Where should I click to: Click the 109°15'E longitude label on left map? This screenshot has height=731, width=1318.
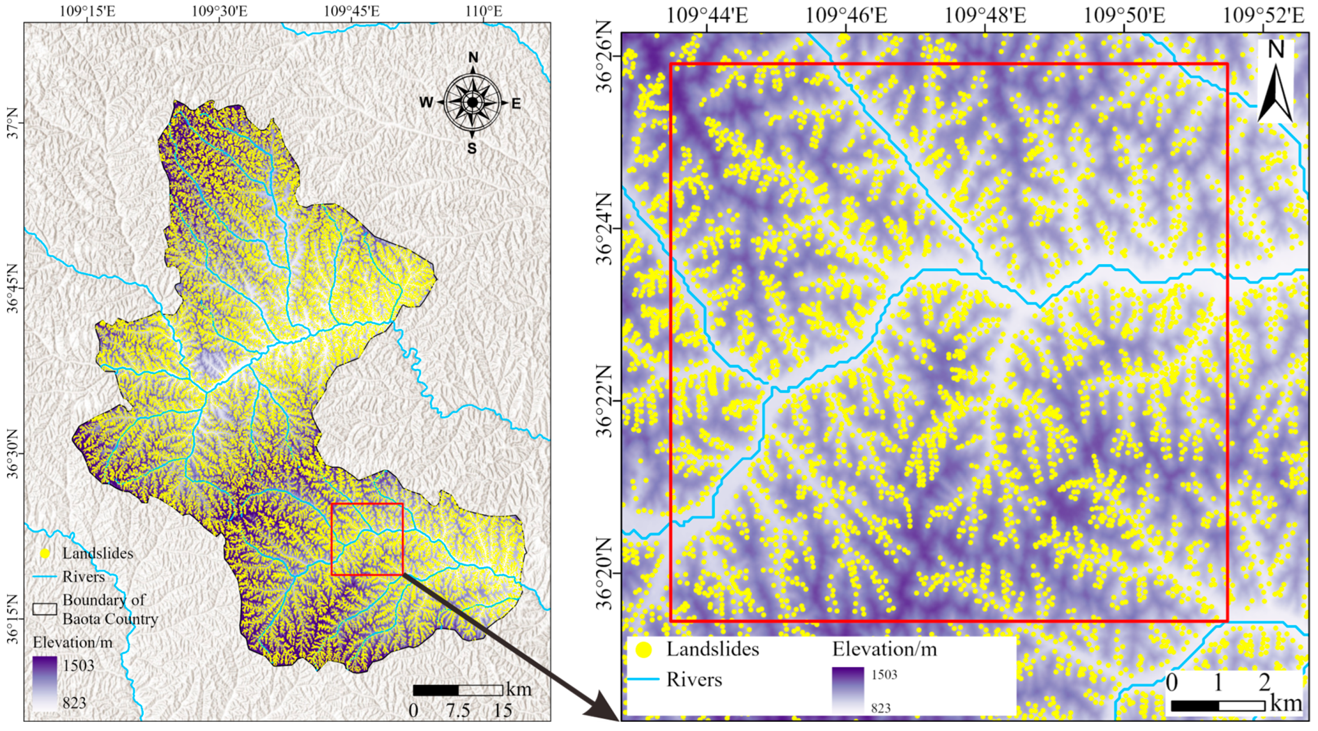click(87, 11)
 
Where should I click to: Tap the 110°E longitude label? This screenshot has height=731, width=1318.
click(483, 11)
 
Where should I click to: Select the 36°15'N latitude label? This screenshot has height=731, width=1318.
click(13, 619)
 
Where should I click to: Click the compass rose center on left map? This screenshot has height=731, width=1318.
click(472, 103)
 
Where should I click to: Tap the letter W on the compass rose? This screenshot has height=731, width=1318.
click(426, 103)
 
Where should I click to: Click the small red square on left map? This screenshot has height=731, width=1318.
click(367, 539)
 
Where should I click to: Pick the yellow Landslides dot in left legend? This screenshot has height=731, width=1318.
click(45, 554)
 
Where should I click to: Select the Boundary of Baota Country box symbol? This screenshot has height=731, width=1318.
click(44, 609)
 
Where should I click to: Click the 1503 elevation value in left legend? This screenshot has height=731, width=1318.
click(78, 665)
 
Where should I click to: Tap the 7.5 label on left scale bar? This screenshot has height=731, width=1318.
click(458, 710)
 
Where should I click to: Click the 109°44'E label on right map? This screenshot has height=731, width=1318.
click(707, 16)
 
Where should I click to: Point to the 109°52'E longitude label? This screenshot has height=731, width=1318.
click(1263, 16)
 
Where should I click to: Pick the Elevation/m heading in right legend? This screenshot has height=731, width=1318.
click(884, 649)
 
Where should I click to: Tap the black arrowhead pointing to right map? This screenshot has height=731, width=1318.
click(605, 712)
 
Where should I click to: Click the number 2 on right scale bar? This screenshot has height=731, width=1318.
click(1264, 682)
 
